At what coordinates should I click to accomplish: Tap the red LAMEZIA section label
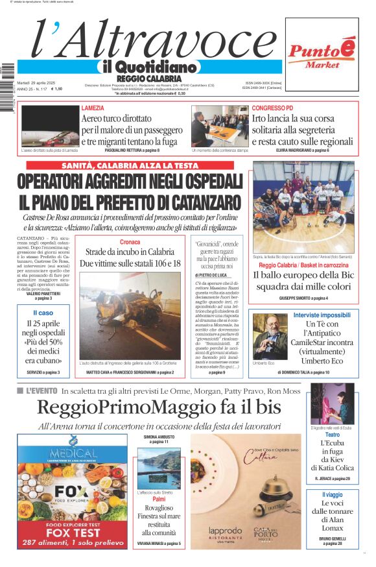[x=92, y=108]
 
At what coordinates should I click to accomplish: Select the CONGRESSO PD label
[x=272, y=108]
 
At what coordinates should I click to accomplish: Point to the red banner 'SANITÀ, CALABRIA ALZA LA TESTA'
[x=130, y=166]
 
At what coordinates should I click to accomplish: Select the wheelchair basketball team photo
[x=303, y=206]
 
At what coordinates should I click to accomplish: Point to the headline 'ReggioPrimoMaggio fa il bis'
[x=159, y=407]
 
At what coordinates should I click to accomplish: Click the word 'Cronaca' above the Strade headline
[x=130, y=242]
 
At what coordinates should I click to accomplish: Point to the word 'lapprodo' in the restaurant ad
[x=225, y=529]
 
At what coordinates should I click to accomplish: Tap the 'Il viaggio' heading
[x=331, y=495]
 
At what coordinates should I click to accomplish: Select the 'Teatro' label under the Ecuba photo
[x=331, y=435]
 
